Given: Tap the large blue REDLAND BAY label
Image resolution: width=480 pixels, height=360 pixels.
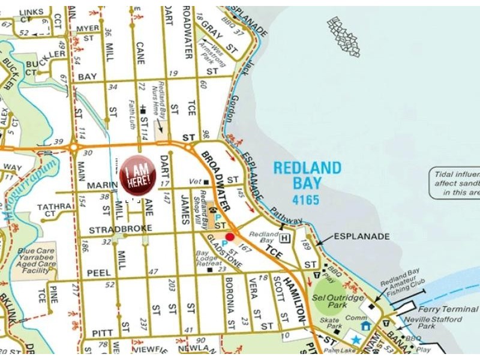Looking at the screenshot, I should click(307, 175).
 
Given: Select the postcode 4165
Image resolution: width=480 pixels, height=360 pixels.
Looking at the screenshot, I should click(307, 199).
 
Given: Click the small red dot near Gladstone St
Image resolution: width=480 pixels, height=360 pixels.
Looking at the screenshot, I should click(230, 237).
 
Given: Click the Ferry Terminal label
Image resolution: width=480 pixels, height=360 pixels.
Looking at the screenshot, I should click(449, 309).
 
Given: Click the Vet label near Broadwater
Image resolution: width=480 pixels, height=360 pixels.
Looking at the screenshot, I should click(194, 181).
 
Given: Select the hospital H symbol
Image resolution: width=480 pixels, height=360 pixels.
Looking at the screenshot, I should click(285, 238).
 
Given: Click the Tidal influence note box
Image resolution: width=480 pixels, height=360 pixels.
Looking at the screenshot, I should click(454, 183).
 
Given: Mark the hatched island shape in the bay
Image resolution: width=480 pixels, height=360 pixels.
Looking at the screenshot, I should click(344, 37).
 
